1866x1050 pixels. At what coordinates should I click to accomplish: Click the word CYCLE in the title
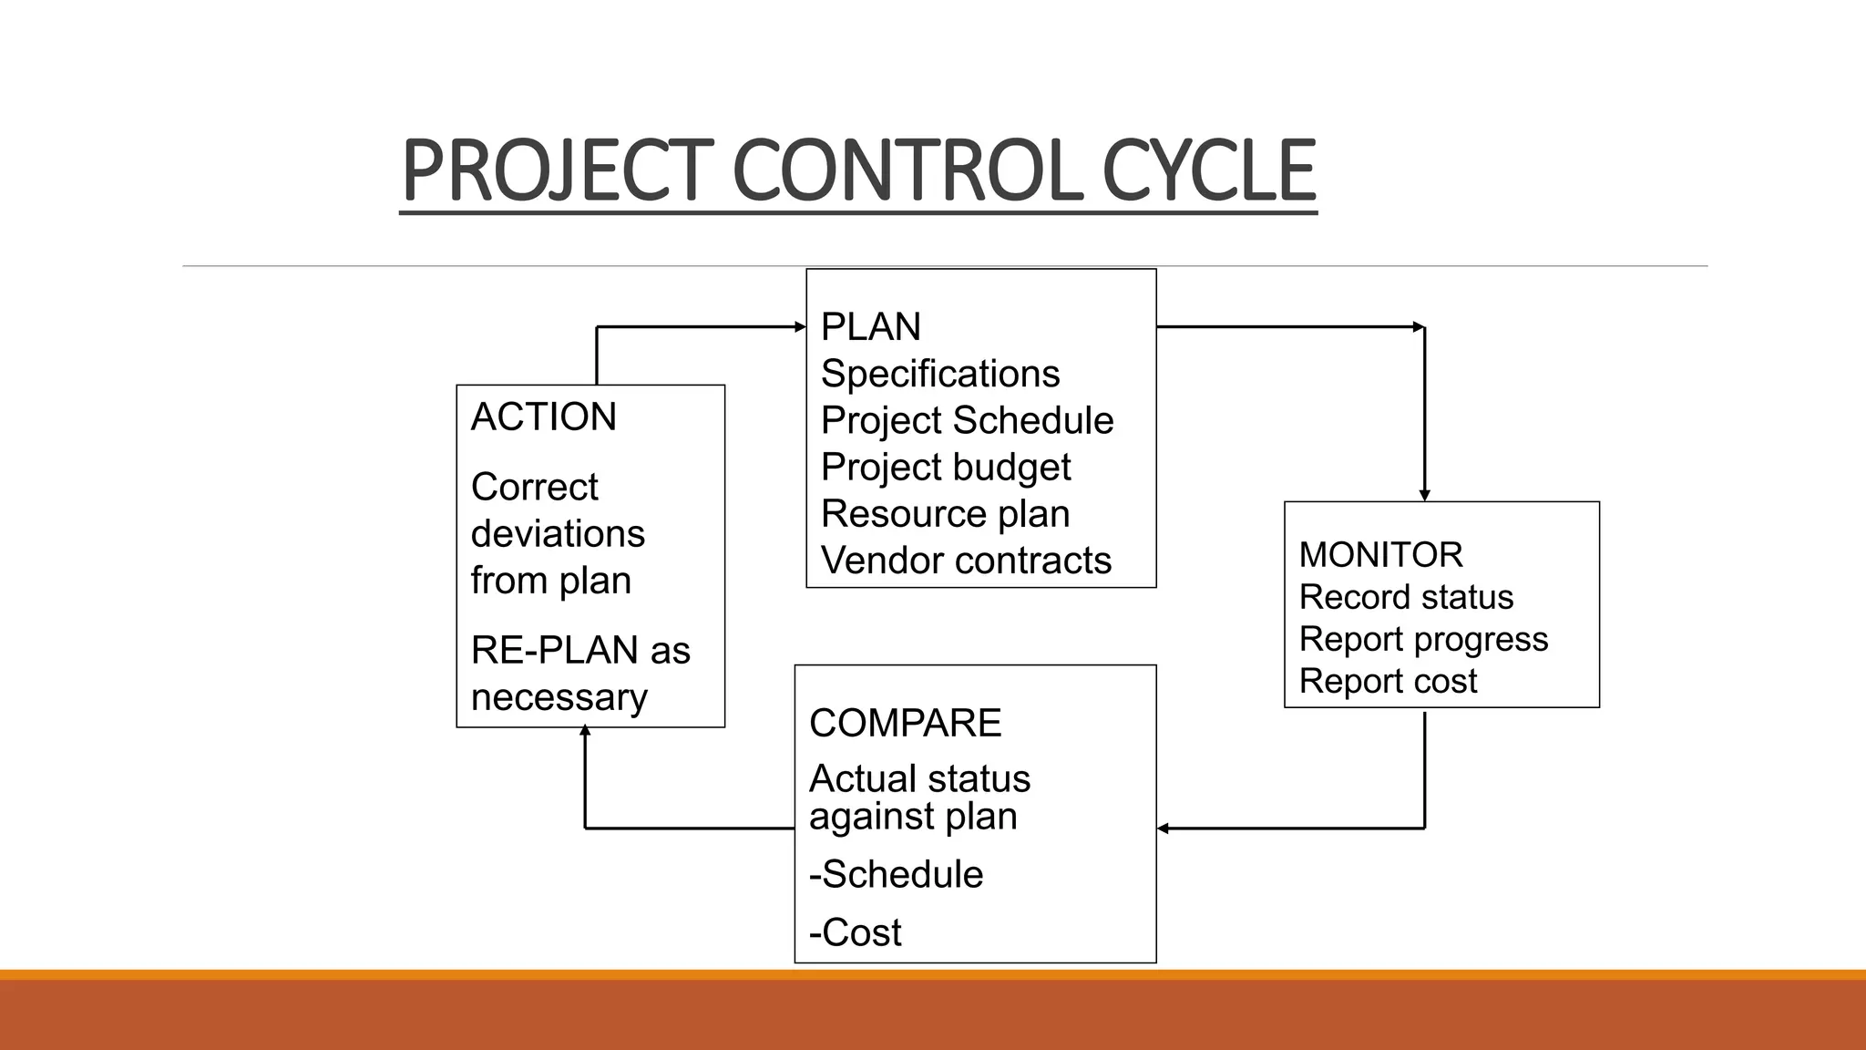click(1208, 170)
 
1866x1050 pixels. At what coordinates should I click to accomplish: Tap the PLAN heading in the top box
click(870, 326)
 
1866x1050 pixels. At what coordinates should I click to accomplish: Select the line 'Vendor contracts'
click(966, 560)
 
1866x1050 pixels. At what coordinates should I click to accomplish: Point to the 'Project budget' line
click(945, 467)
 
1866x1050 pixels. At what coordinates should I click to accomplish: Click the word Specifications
click(939, 374)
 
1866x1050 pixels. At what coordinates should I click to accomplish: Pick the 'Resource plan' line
click(945, 513)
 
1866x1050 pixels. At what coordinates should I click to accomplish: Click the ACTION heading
click(543, 417)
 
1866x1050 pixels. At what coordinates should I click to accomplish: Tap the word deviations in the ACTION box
click(558, 533)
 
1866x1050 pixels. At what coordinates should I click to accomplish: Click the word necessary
click(559, 697)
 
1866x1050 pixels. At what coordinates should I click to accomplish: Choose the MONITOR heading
click(1380, 554)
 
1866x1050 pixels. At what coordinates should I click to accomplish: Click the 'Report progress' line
click(1422, 639)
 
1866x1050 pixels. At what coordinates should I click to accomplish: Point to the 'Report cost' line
click(1387, 681)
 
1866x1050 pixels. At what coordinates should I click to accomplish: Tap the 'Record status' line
click(1405, 597)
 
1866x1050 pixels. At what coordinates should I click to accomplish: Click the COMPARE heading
click(905, 723)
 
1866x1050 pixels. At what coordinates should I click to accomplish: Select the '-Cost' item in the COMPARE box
click(855, 932)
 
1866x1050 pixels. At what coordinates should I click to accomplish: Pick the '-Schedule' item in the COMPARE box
click(896, 874)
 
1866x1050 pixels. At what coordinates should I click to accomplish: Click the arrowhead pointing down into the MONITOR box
click(1424, 495)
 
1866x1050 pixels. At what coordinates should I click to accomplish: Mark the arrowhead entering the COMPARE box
click(1164, 828)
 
